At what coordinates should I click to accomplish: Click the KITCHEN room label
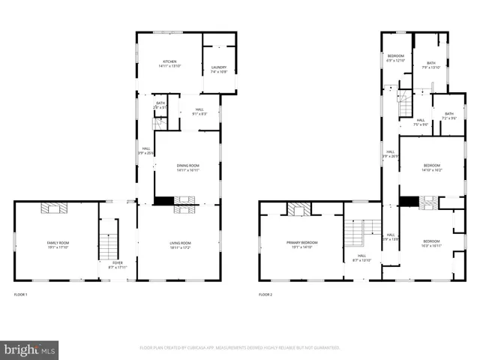169,64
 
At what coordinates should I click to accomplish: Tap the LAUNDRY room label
218,70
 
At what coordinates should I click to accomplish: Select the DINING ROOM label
187,167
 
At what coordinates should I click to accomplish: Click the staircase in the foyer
109,240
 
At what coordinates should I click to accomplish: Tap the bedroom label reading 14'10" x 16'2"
431,167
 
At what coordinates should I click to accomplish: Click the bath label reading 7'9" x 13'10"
431,65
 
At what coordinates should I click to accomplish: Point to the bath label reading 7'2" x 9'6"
448,115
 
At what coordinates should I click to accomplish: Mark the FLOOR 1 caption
20,295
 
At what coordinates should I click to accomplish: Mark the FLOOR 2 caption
265,295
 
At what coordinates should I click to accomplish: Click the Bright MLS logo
30,349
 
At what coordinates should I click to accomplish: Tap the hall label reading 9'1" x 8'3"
199,111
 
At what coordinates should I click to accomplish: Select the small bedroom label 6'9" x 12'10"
395,58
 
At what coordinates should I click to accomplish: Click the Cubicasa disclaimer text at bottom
240,348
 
